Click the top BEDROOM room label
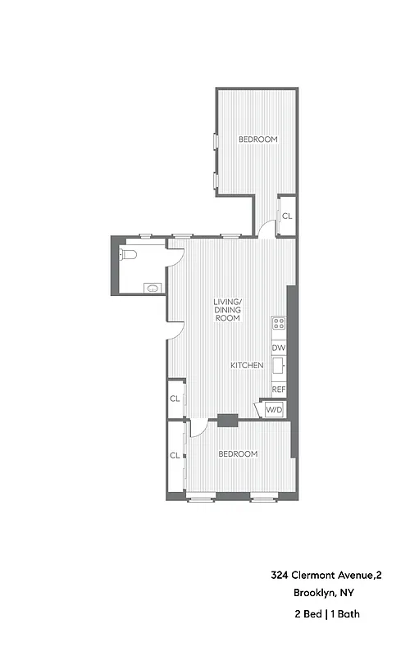click(258, 139)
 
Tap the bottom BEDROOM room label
click(238, 454)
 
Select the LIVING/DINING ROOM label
click(227, 309)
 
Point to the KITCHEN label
click(247, 365)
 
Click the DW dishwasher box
click(279, 348)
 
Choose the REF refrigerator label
click(279, 389)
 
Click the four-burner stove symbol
click(279, 323)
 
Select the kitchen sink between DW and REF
click(279, 367)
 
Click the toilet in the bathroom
click(126, 254)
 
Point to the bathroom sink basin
click(153, 287)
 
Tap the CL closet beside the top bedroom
click(286, 216)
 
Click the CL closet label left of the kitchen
click(175, 399)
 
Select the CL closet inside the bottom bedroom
click(175, 455)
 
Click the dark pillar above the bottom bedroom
click(227, 421)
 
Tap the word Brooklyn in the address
click(312, 594)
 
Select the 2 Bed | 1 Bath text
click(326, 613)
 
